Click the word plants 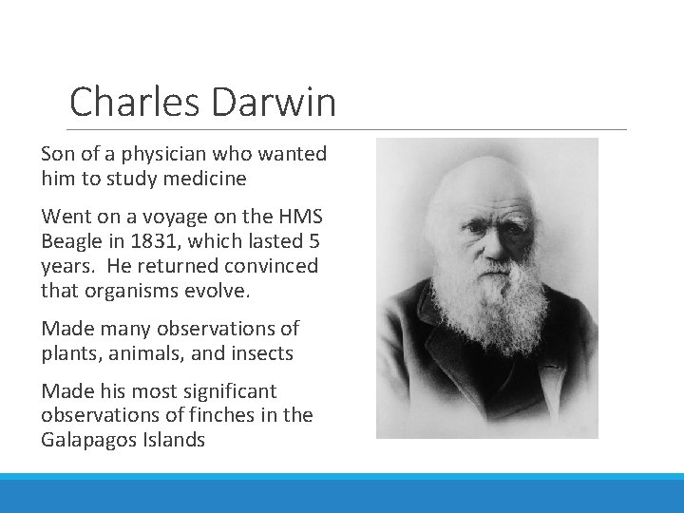tap(67, 353)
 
